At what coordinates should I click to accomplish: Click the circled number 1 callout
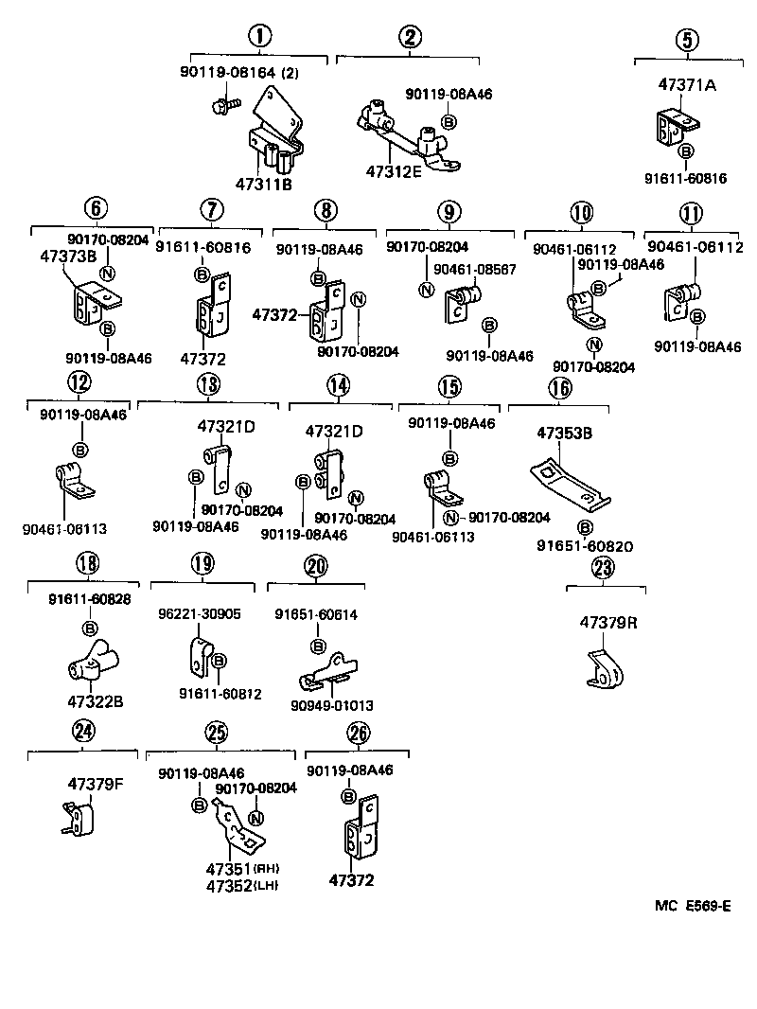pos(258,38)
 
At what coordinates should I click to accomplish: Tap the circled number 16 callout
pos(559,388)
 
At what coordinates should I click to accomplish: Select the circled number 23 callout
pos(603,568)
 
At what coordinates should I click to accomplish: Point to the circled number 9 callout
pos(448,211)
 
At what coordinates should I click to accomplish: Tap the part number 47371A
pos(687,84)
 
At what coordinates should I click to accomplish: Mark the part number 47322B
pos(96,701)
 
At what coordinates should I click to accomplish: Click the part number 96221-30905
pos(199,613)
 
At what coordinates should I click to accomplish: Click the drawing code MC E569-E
pos(692,906)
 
